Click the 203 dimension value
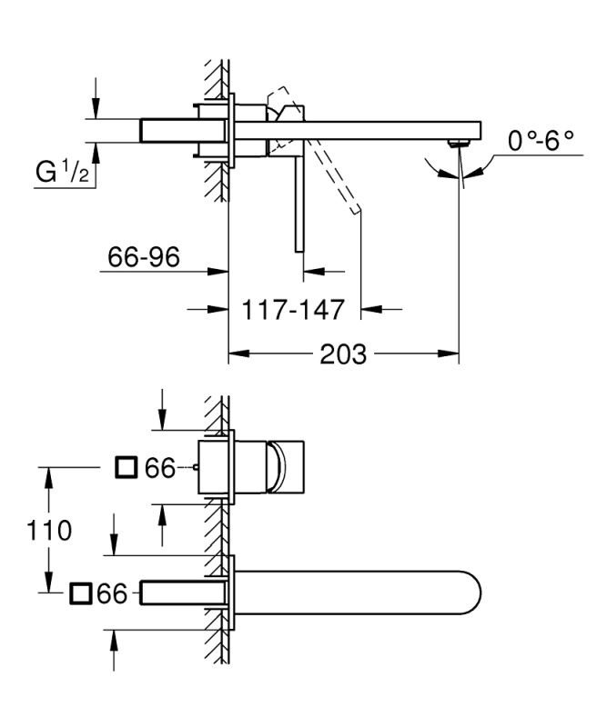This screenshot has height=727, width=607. click(x=343, y=354)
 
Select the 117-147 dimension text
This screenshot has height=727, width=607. click(x=293, y=309)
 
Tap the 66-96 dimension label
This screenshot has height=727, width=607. click(x=144, y=256)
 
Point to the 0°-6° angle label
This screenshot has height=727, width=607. click(x=541, y=141)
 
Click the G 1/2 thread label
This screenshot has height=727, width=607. click(x=62, y=172)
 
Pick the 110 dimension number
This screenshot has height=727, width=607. click(x=49, y=530)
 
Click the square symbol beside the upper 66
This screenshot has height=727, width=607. click(x=126, y=467)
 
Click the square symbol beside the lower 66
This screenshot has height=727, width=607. click(x=81, y=593)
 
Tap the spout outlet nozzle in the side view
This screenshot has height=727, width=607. click(x=458, y=143)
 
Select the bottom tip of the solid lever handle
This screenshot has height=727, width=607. click(x=299, y=252)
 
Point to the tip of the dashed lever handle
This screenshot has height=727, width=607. click(x=357, y=209)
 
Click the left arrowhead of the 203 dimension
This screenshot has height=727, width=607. click(x=239, y=354)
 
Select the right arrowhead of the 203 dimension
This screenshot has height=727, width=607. click(x=448, y=354)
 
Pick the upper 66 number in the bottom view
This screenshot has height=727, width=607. click(x=160, y=467)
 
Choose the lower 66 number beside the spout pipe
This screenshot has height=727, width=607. click(x=112, y=593)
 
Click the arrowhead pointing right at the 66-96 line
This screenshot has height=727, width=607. click(x=218, y=271)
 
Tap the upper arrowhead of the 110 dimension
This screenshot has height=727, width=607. click(x=48, y=478)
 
